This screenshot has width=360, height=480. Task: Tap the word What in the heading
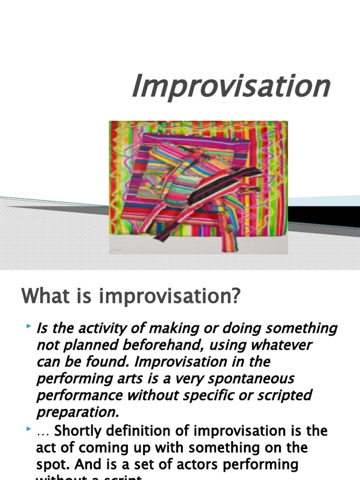point(42,297)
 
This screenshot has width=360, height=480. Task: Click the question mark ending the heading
point(234,297)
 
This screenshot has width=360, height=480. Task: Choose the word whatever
point(277,345)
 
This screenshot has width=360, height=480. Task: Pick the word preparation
point(76,412)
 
